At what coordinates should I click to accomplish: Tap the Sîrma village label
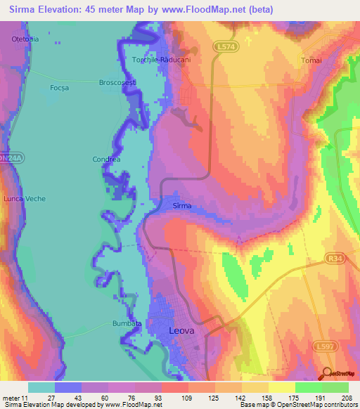pyautogui.click(x=182, y=207)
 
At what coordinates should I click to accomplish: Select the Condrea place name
pyautogui.click(x=107, y=160)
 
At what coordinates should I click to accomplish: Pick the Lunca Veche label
pyautogui.click(x=25, y=199)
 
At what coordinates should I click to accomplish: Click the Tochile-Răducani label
pyautogui.click(x=162, y=60)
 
